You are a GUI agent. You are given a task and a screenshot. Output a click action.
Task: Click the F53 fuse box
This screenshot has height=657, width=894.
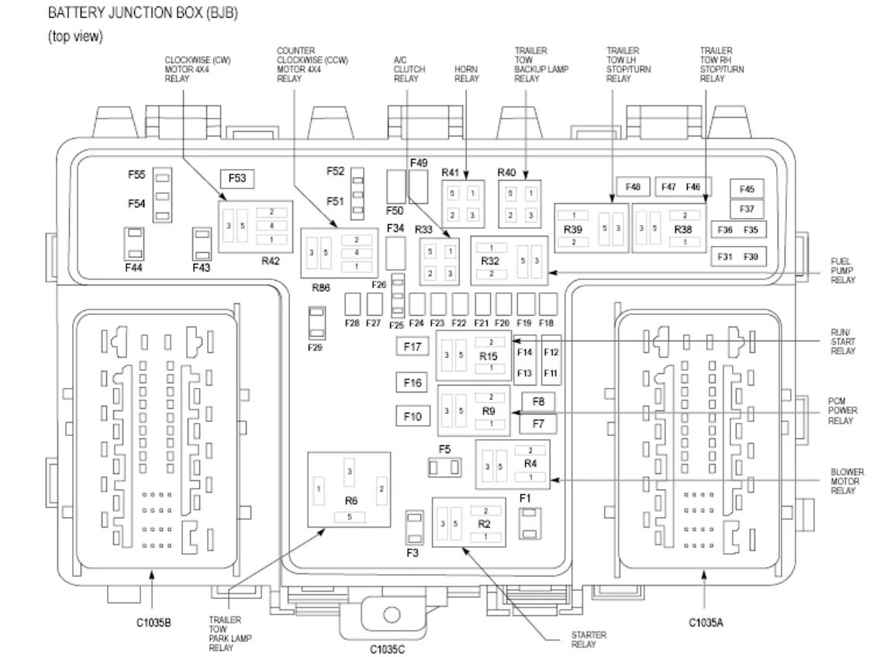click(237, 178)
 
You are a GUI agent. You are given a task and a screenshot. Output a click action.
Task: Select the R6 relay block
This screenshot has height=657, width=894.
click(349, 490)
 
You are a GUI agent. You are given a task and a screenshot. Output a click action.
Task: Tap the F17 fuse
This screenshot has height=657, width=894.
click(412, 346)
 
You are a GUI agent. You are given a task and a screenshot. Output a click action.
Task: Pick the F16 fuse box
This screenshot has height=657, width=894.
click(412, 382)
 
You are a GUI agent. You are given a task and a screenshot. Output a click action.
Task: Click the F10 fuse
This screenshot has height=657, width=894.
click(412, 416)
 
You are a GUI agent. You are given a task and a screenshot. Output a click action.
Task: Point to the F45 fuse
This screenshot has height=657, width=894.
click(747, 188)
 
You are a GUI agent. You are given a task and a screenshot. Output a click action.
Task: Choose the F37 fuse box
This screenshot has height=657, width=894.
click(747, 209)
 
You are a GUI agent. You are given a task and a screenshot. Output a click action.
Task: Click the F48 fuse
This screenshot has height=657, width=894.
click(633, 186)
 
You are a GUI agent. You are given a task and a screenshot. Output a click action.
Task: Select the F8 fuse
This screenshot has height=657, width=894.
click(538, 402)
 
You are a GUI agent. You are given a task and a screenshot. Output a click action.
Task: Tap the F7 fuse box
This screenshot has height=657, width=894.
click(538, 424)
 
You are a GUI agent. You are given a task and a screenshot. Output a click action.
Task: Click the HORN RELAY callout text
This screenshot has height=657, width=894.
click(467, 74)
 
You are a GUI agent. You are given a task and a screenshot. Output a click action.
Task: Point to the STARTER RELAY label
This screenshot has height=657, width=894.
click(589, 639)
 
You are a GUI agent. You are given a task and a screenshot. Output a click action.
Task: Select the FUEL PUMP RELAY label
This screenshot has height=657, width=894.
click(843, 271)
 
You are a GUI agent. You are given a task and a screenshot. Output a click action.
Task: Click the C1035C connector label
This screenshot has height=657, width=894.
click(387, 649)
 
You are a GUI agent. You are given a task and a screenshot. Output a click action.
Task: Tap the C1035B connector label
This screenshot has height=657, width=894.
click(154, 622)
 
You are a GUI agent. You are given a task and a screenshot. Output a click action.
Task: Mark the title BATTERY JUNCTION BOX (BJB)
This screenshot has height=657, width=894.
click(143, 12)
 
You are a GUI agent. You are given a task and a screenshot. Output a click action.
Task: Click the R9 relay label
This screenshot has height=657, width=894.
click(488, 410)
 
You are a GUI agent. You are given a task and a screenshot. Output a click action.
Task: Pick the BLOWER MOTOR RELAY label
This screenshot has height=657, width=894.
click(847, 481)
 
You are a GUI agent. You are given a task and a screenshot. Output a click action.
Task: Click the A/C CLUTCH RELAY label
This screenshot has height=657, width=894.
click(409, 69)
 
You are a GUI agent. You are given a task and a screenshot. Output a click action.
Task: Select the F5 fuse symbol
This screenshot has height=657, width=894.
click(445, 468)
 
